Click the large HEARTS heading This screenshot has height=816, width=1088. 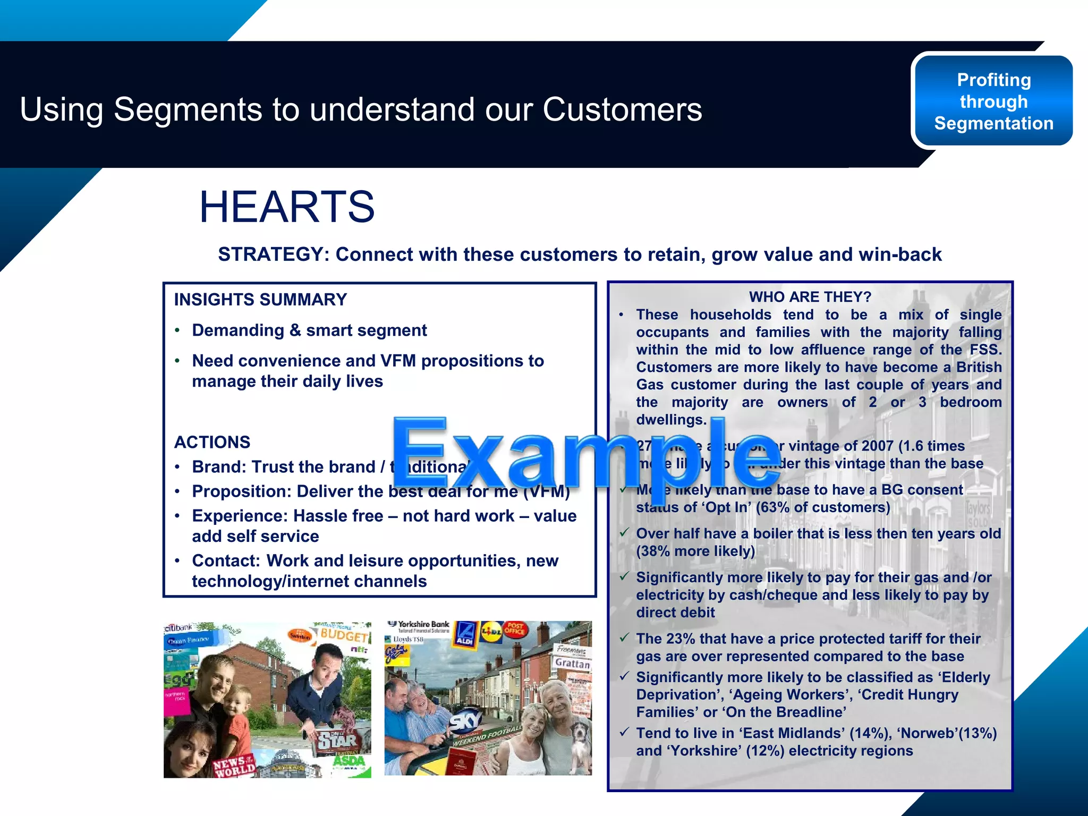287,207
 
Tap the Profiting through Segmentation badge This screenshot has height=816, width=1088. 993,101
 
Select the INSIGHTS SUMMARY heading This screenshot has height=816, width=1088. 260,300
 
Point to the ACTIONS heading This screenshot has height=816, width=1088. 212,442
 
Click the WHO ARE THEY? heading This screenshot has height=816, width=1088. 810,296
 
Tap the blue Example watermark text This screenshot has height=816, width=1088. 584,454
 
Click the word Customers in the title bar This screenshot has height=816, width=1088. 622,109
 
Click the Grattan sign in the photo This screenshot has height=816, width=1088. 572,663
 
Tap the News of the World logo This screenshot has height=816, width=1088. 234,767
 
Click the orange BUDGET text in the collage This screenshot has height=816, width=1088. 344,635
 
